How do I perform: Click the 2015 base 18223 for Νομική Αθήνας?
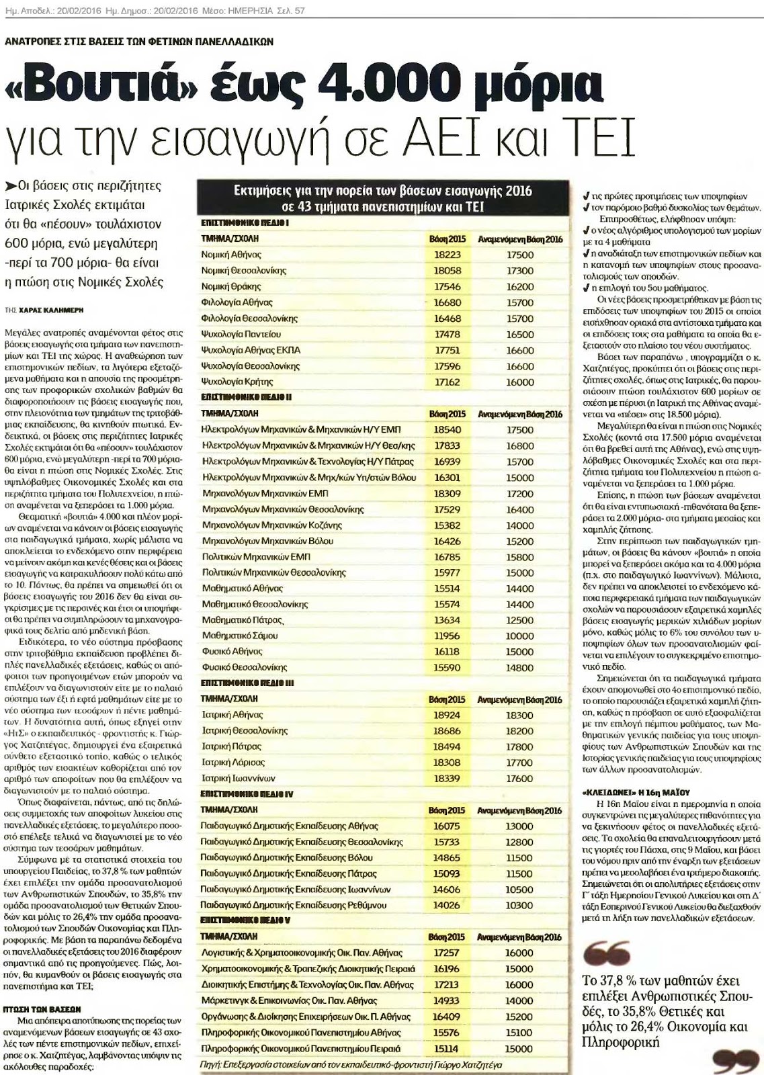(447, 255)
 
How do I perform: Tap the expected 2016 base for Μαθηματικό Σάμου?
(519, 636)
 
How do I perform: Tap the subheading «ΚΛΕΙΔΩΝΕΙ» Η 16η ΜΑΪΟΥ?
(633, 792)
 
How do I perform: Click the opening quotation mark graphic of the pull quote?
(607, 952)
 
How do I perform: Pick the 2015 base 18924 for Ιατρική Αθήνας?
(447, 715)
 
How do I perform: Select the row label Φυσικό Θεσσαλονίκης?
(244, 667)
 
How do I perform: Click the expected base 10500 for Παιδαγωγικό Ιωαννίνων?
(519, 890)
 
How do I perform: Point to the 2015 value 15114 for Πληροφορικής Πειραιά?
(447, 1049)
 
